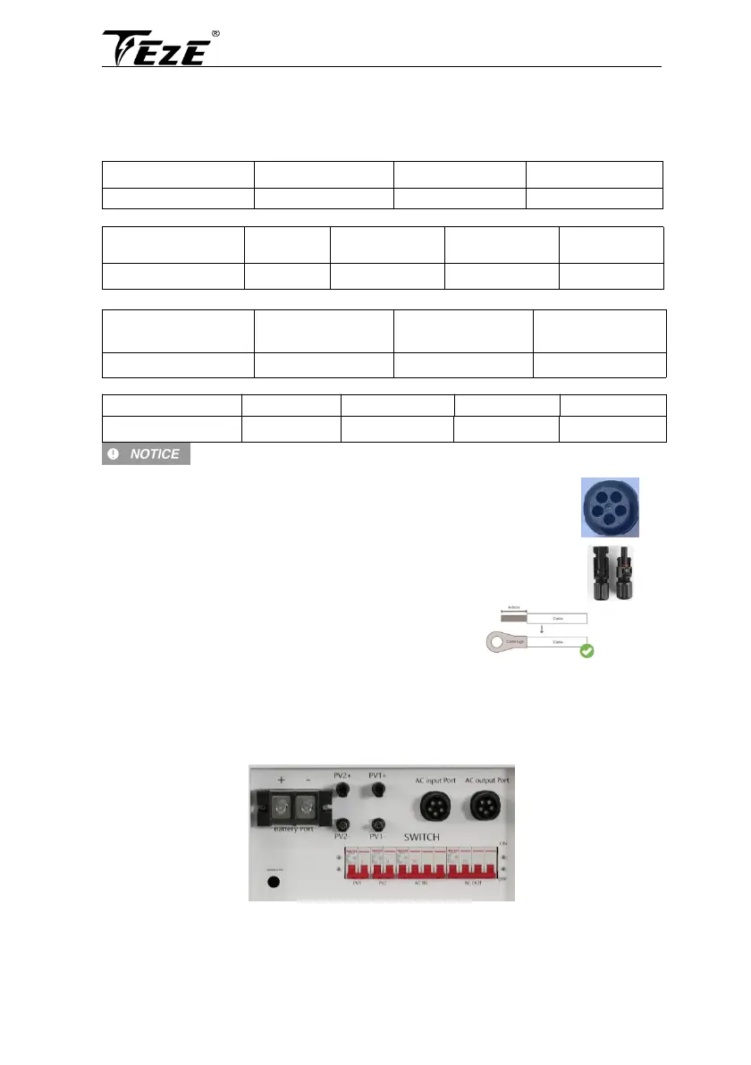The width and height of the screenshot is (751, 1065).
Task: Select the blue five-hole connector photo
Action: tap(608, 506)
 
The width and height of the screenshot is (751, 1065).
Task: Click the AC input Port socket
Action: tap(435, 807)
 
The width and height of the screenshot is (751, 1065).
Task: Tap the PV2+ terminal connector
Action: tap(342, 791)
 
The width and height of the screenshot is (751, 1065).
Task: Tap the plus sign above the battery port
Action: tap(282, 780)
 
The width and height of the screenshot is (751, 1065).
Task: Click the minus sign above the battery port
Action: tap(308, 780)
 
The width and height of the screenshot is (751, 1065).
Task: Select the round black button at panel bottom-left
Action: tap(274, 881)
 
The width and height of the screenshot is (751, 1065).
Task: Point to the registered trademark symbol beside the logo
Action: tap(215, 34)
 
